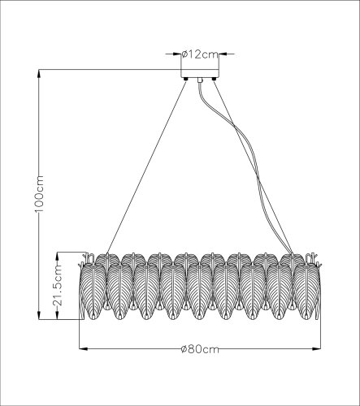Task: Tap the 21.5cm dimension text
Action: click(x=59, y=287)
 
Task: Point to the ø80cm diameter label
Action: click(x=198, y=351)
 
